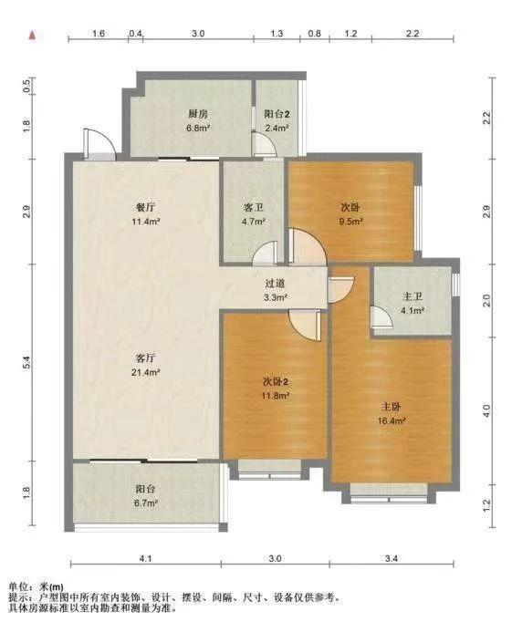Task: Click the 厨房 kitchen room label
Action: point(198,114)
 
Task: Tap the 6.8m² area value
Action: point(198,128)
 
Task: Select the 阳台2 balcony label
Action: point(277,114)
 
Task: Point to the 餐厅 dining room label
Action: point(146,207)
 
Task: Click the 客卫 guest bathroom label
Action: point(253,207)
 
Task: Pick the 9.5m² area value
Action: point(350,222)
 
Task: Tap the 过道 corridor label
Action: point(275,284)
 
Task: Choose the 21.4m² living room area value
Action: point(146,372)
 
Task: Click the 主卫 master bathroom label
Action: point(412,296)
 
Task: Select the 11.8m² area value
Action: point(275,396)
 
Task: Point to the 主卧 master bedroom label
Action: point(392,407)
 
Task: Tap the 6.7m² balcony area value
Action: point(146,503)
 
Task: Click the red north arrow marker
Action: point(33,36)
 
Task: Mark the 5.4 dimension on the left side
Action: point(26,363)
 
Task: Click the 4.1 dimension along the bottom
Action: point(146,558)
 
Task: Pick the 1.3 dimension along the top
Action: point(277,34)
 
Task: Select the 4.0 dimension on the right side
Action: point(486,410)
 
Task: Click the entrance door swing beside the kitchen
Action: point(99,143)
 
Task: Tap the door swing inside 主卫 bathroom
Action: point(381,316)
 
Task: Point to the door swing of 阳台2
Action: point(264,143)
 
